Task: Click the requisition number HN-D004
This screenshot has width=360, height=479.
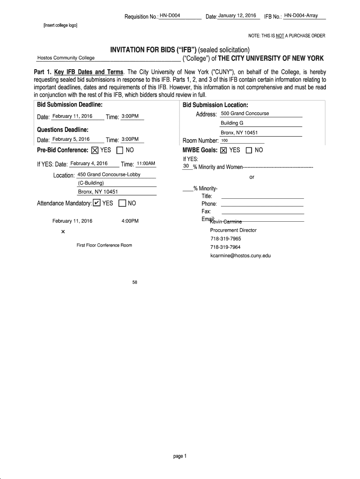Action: click(170, 16)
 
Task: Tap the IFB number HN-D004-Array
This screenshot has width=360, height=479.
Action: click(301, 16)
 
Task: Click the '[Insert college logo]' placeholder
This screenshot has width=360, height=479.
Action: click(57, 25)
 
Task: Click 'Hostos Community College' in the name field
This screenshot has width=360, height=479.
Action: click(66, 58)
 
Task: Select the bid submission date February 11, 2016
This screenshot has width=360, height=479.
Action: click(72, 116)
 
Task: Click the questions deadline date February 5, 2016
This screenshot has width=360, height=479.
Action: click(71, 139)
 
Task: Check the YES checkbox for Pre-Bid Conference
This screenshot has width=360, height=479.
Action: click(95, 151)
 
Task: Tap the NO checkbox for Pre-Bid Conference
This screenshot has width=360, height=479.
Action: click(120, 151)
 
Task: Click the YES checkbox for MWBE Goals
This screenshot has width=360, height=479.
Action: click(223, 150)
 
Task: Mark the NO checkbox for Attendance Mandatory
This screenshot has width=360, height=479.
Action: click(122, 203)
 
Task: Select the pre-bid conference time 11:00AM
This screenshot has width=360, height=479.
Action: click(145, 164)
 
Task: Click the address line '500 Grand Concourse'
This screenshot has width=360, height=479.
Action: click(245, 114)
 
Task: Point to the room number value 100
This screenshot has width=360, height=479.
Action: click(224, 140)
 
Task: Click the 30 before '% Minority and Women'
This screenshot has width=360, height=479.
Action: click(186, 166)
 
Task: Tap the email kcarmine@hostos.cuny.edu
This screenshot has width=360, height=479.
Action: click(240, 256)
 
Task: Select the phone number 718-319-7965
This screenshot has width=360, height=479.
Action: click(226, 239)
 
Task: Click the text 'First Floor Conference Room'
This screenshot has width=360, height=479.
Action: click(104, 245)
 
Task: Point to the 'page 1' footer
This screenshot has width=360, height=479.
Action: click(180, 457)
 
